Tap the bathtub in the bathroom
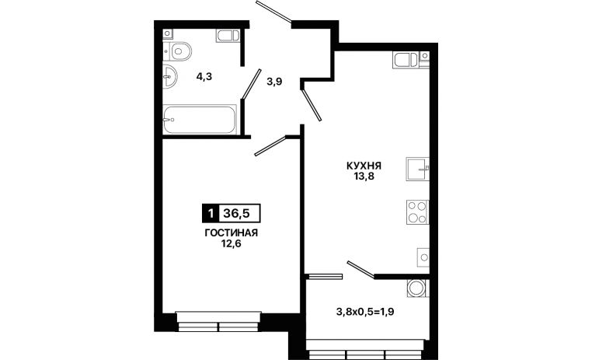pyautogui.click(x=200, y=120)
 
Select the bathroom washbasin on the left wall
pyautogui.click(x=170, y=77)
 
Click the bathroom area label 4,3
pyautogui.click(x=204, y=77)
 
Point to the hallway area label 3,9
pyautogui.click(x=274, y=82)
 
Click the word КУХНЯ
pyautogui.click(x=364, y=166)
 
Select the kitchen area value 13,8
pyautogui.click(x=364, y=176)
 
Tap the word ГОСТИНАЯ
pyautogui.click(x=231, y=233)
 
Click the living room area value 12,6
pyautogui.click(x=232, y=243)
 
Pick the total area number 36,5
pyautogui.click(x=236, y=213)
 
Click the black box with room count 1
pyautogui.click(x=211, y=213)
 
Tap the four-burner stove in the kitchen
pyautogui.click(x=417, y=212)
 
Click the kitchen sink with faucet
pyautogui.click(x=417, y=169)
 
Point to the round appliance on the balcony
pyautogui.click(x=418, y=288)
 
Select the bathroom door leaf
pyautogui.click(x=252, y=84)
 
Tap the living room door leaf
pyautogui.click(x=270, y=146)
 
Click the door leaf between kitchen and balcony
pyautogui.click(x=361, y=270)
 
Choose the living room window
pyautogui.click(x=218, y=321)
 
